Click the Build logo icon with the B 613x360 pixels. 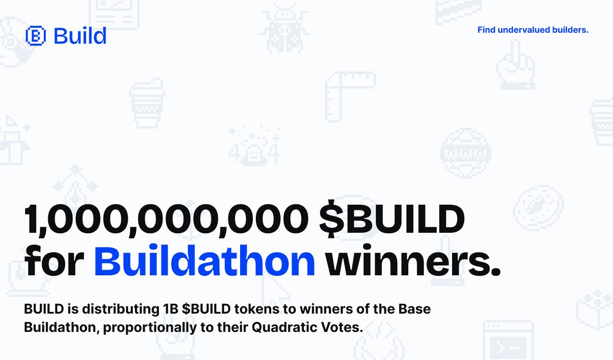[x=36, y=36]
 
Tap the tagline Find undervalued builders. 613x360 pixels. [x=533, y=30]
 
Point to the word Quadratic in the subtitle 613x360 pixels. [x=277, y=327]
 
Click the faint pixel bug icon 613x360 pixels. [x=284, y=31]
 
